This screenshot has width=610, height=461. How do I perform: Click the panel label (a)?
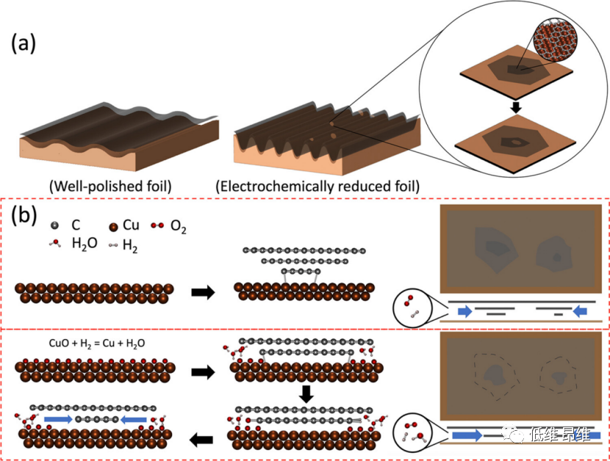click(25, 45)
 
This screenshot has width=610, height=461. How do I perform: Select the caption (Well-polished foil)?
click(108, 186)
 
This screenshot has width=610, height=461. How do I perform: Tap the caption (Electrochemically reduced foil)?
click(317, 186)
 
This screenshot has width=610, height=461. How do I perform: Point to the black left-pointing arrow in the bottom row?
click(201, 439)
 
